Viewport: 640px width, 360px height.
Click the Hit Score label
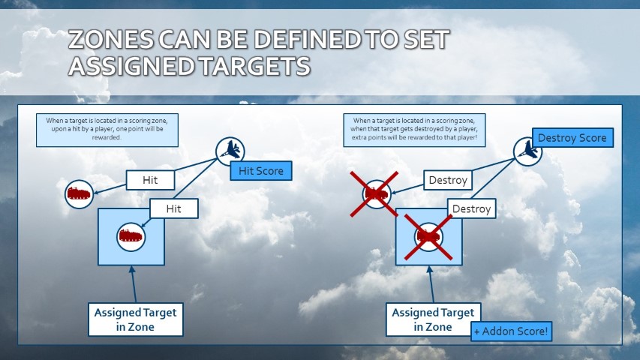(x=260, y=171)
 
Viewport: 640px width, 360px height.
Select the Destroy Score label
(x=572, y=138)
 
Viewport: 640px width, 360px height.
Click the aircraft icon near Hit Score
(x=229, y=151)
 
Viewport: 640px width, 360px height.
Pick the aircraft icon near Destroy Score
(x=528, y=150)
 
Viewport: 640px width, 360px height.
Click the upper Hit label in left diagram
(x=149, y=181)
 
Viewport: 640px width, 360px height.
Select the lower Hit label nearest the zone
(x=175, y=208)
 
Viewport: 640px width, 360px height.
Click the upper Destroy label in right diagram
(x=448, y=180)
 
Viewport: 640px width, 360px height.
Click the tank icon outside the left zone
(x=79, y=194)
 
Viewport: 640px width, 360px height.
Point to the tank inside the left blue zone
(x=131, y=236)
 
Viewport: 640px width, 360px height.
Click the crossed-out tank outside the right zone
(x=375, y=194)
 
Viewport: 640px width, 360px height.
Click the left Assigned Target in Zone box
(x=135, y=319)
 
